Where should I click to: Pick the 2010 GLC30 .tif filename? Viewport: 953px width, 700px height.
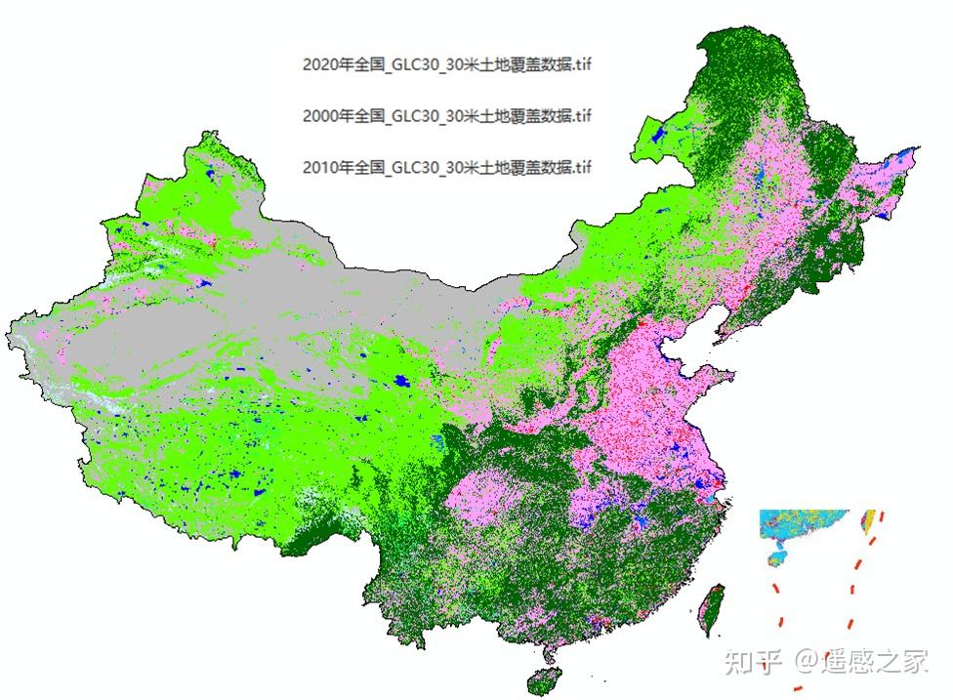coord(447,167)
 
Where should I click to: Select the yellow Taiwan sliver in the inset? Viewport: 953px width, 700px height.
coord(866,519)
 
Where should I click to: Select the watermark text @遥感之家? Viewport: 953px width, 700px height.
coord(859,663)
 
